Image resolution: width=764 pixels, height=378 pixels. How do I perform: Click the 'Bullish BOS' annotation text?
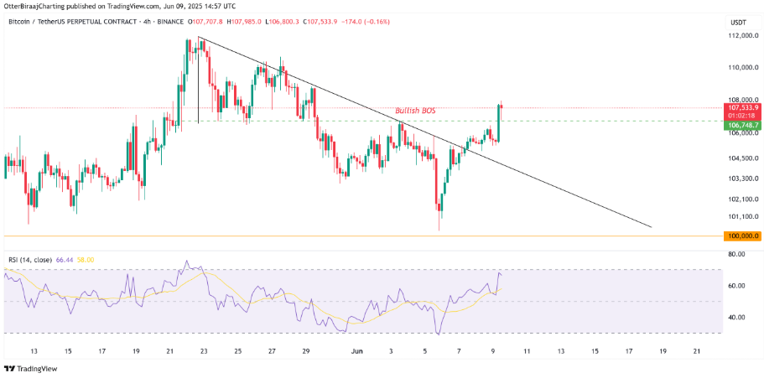pos(415,111)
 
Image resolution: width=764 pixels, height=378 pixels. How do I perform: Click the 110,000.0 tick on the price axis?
pos(741,68)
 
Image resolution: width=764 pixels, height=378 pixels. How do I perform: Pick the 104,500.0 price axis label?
pos(741,158)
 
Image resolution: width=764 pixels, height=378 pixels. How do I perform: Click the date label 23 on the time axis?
pos(204,351)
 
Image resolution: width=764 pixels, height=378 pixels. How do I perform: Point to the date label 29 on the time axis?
pos(306,351)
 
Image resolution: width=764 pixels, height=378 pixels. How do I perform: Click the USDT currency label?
pos(739,23)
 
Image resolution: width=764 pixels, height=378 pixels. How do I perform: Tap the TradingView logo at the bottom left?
pos(32,368)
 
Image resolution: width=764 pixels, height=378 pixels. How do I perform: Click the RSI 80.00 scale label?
pos(737,253)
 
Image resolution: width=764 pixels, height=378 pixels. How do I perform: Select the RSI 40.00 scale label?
pos(737,317)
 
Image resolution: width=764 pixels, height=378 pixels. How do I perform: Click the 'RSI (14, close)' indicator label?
pos(29,261)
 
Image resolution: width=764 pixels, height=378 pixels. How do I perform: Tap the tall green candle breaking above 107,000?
pos(499,122)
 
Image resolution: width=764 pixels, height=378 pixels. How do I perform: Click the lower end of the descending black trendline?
pos(651,226)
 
